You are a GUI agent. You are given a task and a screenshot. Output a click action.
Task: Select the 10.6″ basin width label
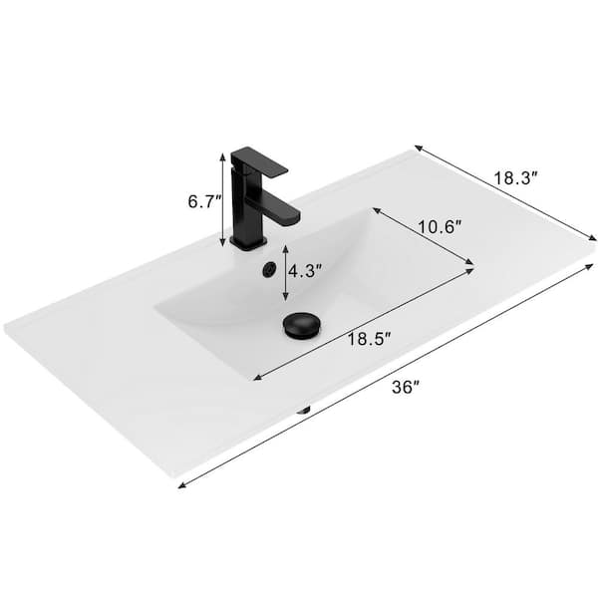pyautogui.click(x=439, y=227)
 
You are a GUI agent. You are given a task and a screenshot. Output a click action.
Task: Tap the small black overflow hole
pyautogui.click(x=266, y=270)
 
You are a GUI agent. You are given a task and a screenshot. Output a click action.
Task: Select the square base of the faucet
pyautogui.click(x=247, y=240)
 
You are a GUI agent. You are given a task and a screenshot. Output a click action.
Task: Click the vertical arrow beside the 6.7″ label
pyautogui.click(x=222, y=199)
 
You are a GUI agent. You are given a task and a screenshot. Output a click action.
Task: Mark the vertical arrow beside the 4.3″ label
pyautogui.click(x=286, y=272)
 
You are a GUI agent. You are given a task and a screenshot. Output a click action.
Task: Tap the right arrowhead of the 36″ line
pyautogui.click(x=594, y=267)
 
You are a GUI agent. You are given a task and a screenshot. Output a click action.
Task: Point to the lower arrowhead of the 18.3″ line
pyautogui.click(x=593, y=238)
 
